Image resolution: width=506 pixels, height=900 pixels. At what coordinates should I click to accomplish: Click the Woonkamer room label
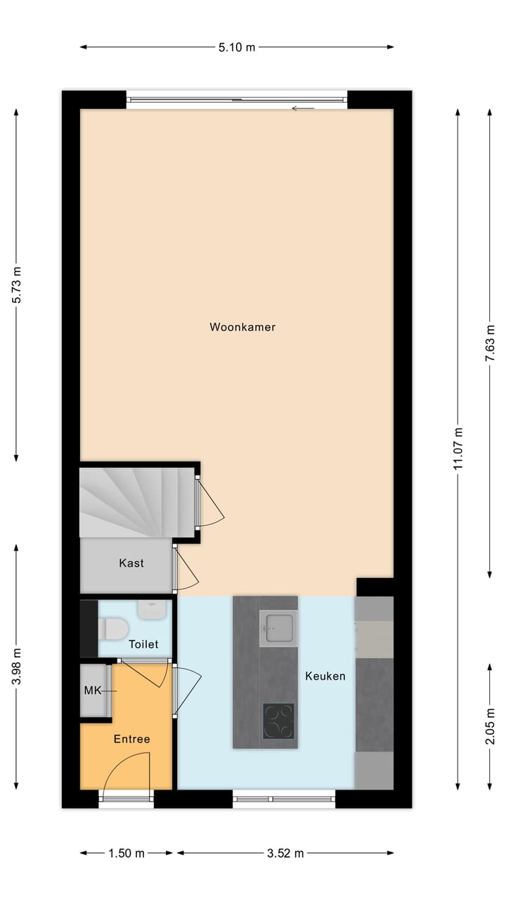tap(242, 327)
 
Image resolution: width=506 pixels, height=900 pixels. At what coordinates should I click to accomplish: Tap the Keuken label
tap(325, 676)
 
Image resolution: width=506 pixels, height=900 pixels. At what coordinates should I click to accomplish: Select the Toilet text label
tap(143, 644)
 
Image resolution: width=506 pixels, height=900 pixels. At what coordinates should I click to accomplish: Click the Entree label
tap(132, 739)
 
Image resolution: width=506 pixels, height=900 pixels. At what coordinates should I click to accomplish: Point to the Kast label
tap(131, 562)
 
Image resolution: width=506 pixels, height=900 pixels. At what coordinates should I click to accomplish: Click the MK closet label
tap(93, 690)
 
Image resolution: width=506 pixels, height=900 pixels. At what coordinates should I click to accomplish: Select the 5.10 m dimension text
tap(237, 47)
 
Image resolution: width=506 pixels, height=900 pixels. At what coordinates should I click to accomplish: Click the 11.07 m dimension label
tap(458, 448)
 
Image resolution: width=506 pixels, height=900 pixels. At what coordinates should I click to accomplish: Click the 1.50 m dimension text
tap(126, 854)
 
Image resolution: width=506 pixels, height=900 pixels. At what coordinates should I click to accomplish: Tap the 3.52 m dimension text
tap(285, 854)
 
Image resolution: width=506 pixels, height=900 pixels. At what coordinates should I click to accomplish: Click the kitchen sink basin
tap(278, 627)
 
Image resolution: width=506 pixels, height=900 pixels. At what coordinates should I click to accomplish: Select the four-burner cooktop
tap(279, 721)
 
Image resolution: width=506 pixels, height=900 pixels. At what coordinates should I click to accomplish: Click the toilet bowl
tap(113, 628)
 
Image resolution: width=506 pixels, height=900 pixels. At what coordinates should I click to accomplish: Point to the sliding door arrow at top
tap(303, 108)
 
